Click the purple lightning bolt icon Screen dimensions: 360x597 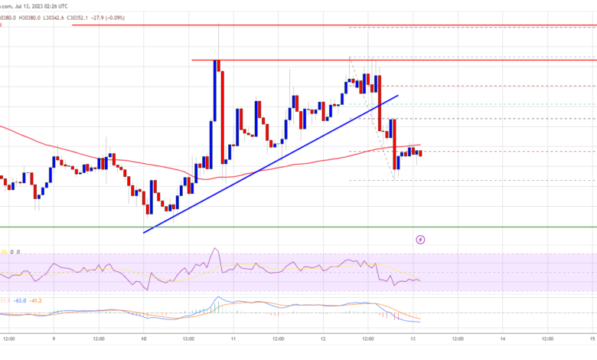420,240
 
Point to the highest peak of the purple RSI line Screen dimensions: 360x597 215,248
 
